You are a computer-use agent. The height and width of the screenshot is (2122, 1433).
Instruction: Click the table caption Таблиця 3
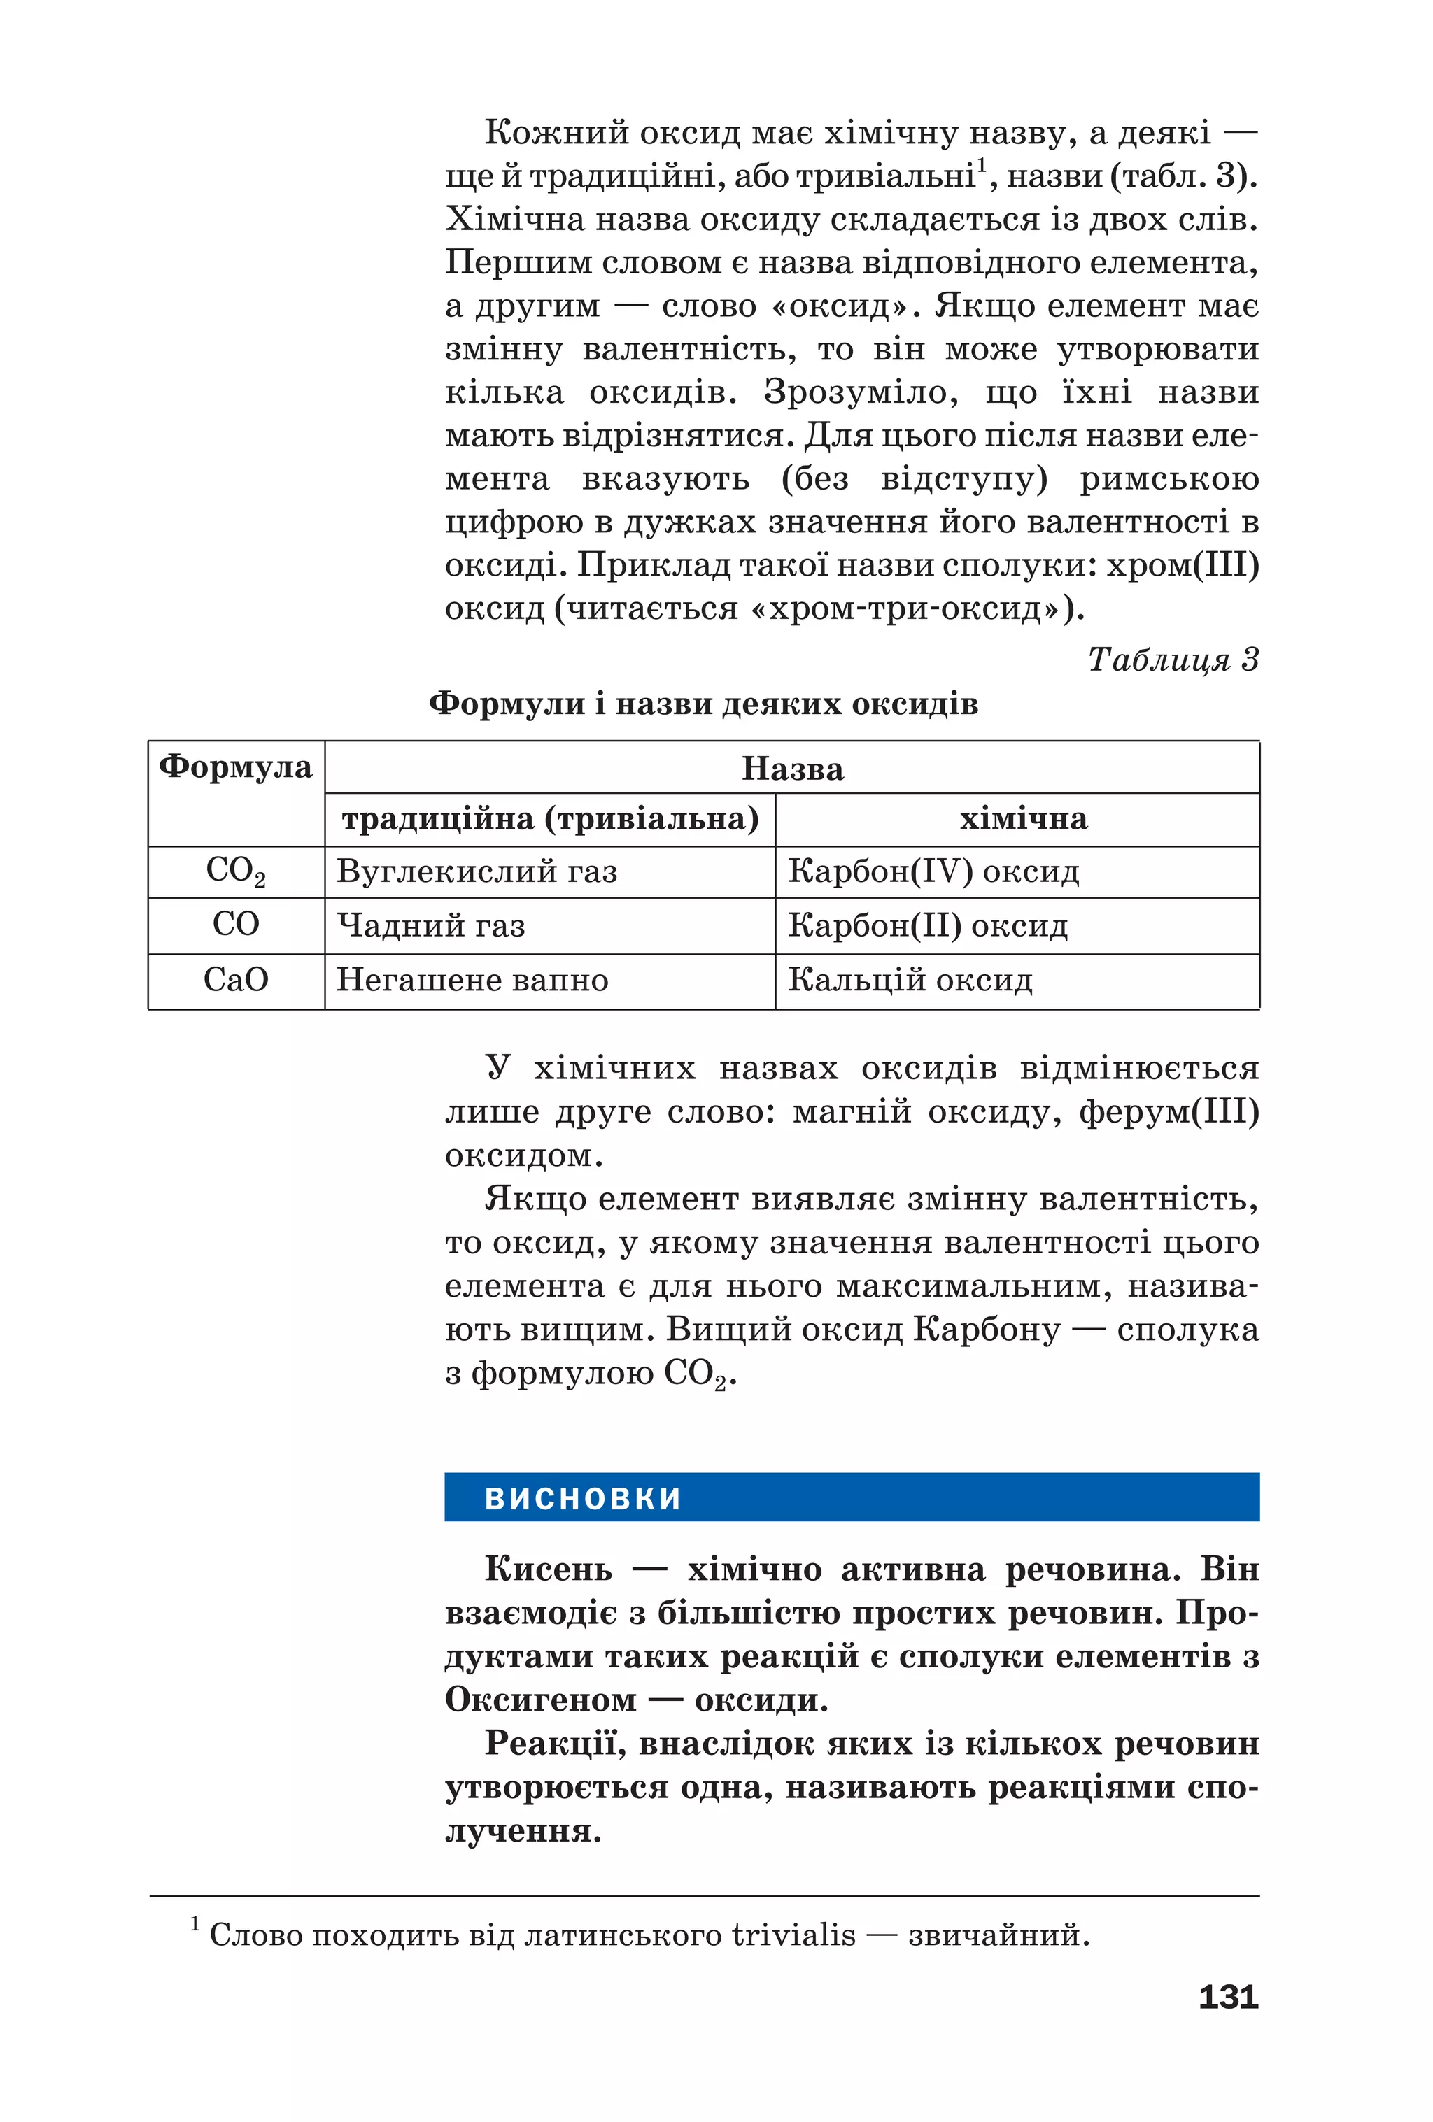click(1172, 660)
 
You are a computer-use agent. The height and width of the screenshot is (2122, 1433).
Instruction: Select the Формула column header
click(236, 767)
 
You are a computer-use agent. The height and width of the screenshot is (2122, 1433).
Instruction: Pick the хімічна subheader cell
click(1023, 819)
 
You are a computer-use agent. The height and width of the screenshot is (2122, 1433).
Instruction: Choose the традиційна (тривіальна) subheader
click(550, 819)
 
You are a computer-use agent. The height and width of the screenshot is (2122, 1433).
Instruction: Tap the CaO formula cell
click(236, 980)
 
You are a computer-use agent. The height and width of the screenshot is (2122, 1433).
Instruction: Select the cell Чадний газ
click(431, 926)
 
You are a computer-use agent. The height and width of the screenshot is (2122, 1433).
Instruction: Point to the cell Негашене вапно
click(472, 980)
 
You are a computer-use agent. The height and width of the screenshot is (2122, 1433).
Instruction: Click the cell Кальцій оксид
click(910, 980)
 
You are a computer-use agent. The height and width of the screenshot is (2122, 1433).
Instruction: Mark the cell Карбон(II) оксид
click(927, 926)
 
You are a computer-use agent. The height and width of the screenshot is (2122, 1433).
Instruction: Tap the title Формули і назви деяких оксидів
click(703, 704)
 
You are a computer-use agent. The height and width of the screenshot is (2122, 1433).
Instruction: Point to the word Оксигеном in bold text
click(541, 1700)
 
